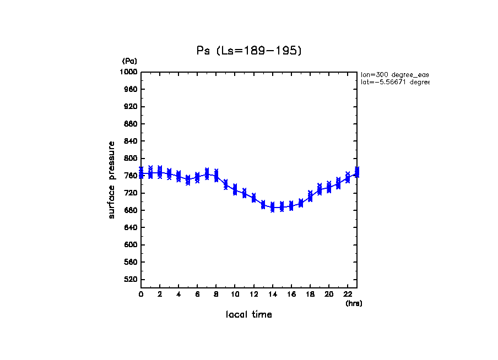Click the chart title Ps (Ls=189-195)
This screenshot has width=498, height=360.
point(249,51)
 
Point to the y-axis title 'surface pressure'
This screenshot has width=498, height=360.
point(112,179)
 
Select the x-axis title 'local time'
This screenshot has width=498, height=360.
point(249,315)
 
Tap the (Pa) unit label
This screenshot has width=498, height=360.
point(129,61)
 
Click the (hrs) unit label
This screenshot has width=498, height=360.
point(354,303)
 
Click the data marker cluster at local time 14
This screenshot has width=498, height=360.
point(272,207)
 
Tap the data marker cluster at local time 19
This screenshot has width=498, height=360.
point(320,189)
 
